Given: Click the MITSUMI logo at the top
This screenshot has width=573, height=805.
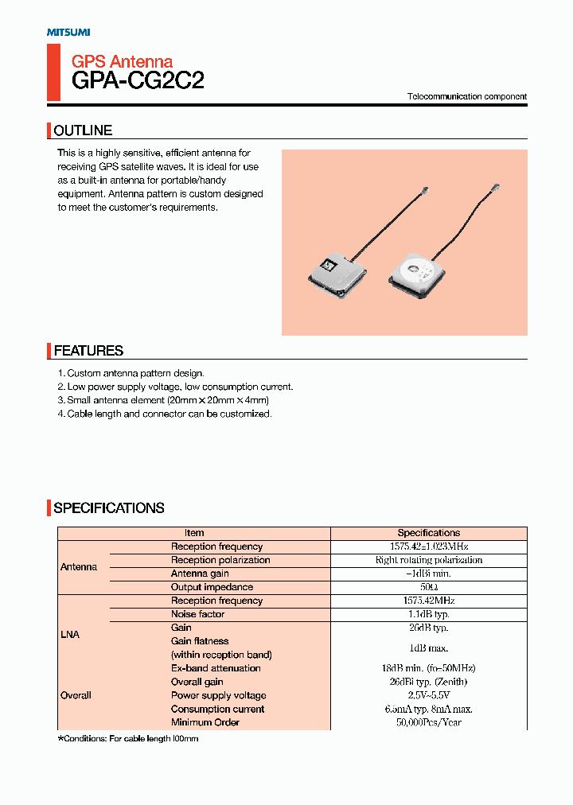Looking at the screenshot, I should pos(68,32).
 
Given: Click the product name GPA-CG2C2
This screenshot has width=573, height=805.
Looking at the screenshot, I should pos(138,80).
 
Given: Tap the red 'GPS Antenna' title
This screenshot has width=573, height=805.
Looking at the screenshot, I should pos(122,61).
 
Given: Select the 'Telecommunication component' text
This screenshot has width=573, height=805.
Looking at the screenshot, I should pos(467,96).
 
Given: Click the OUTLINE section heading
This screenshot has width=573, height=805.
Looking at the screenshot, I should pos(83,130).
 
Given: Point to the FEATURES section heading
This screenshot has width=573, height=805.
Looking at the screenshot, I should pos(88,351).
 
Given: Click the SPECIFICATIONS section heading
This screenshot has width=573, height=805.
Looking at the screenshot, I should pos(109,508).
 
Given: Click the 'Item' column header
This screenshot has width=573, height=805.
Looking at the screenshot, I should pos(194,533).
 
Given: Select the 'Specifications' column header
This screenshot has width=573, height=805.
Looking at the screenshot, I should pos(429,533).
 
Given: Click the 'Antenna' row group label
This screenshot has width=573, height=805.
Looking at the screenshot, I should pos(79,567).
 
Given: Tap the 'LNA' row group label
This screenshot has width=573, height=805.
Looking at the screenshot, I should pos(70,635).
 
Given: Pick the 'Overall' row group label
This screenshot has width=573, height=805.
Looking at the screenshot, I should pos(76,695).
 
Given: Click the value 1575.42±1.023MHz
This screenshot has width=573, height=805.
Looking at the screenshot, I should pos(429,546).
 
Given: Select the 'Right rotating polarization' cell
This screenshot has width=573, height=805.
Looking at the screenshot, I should pos(429,560).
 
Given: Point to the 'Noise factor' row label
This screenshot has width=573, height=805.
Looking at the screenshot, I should pos(198,614).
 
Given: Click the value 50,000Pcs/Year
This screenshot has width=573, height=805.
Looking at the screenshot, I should pos(429,722).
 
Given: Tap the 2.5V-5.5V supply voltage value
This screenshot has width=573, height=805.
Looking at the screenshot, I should pos(429,695).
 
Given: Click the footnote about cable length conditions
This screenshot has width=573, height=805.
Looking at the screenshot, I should pos(127,739).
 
